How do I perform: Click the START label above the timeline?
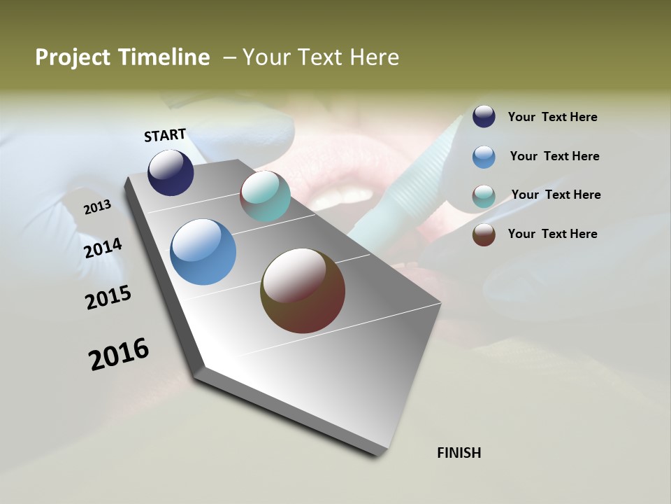165,135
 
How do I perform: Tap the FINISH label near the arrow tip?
459,453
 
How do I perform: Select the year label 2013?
97,206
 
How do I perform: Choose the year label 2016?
119,354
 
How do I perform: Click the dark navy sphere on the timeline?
171,173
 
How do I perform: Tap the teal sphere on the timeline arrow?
265,196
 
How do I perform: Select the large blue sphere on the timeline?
203,252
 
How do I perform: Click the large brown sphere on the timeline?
303,290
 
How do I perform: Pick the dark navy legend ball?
484,117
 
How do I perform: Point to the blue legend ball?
484,157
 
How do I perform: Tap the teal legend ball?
484,196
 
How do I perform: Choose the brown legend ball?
484,234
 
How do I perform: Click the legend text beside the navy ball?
552,118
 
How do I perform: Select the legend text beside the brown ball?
552,234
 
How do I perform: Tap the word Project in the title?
73,57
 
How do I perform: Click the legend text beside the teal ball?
556,195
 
